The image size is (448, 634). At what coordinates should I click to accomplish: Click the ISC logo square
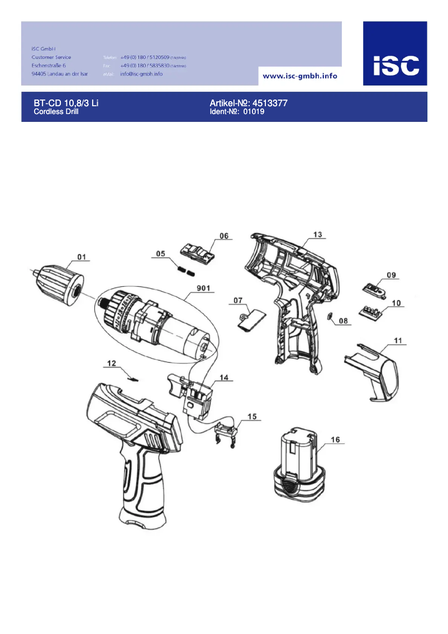click(x=395, y=53)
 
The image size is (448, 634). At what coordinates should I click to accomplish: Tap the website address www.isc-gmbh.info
click(x=299, y=75)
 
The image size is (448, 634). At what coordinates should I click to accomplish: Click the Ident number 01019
click(x=253, y=112)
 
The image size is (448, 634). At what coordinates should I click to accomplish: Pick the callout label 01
click(x=82, y=257)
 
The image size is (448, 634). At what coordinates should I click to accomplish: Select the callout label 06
click(x=223, y=236)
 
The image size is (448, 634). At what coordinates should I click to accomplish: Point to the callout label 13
click(x=317, y=235)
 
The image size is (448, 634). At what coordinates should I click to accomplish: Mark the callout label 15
click(x=252, y=417)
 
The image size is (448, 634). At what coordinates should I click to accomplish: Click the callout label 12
click(x=112, y=363)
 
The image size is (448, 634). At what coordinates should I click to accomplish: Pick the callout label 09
click(x=391, y=275)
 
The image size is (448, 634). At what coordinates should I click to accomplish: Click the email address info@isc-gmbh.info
click(x=141, y=74)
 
